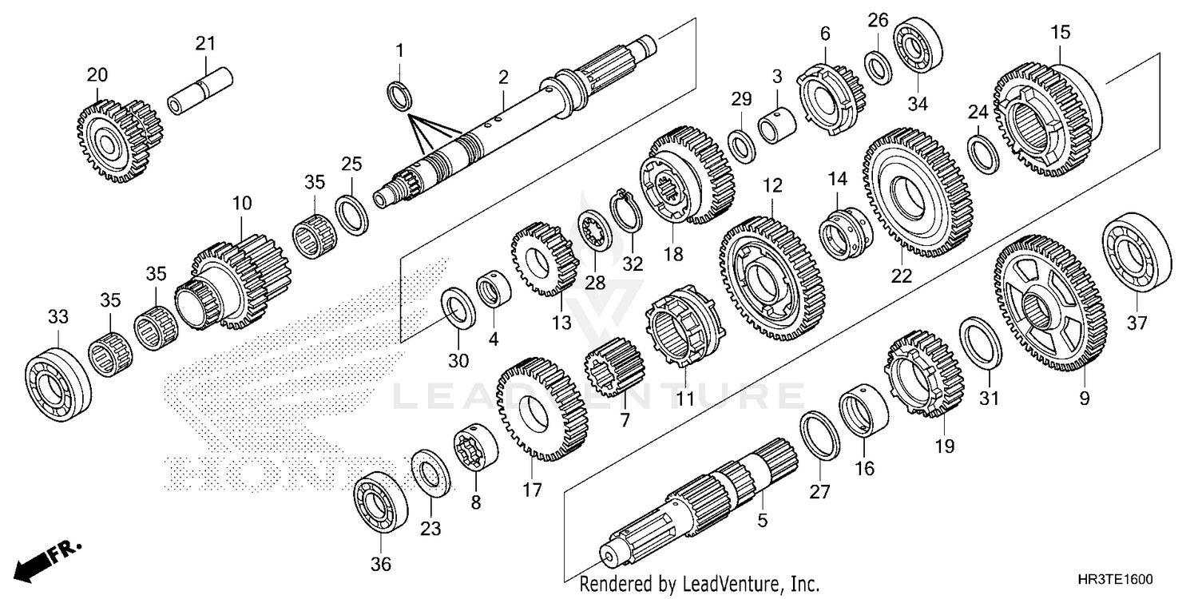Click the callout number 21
(206, 44)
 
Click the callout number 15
(1060, 34)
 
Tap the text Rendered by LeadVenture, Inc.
(699, 584)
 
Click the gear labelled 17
(541, 409)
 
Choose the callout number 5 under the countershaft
(763, 521)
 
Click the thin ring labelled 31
(980, 343)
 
